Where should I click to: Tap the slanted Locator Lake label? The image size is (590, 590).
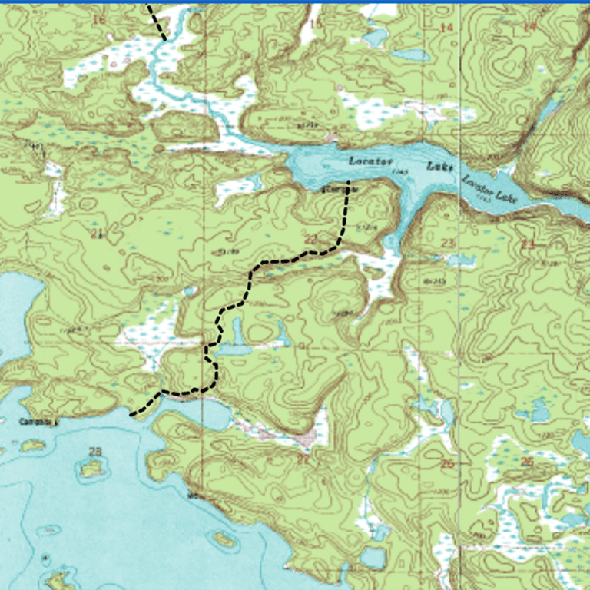coord(490,189)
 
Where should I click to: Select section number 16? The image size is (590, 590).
coord(98,19)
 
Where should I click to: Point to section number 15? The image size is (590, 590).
coord(314,25)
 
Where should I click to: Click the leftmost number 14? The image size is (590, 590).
coord(446,28)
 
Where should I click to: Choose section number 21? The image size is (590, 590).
coord(96,234)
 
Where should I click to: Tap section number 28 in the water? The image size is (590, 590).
coord(95,451)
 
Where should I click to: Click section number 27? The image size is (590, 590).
coord(303,459)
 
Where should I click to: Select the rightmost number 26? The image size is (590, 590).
coord(527,462)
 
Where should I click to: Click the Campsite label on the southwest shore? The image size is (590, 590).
coord(39,423)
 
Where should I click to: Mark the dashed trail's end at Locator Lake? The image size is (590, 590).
coord(349,182)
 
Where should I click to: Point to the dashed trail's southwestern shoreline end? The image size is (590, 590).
coord(131,416)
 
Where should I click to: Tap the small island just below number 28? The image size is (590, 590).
coord(92,468)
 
